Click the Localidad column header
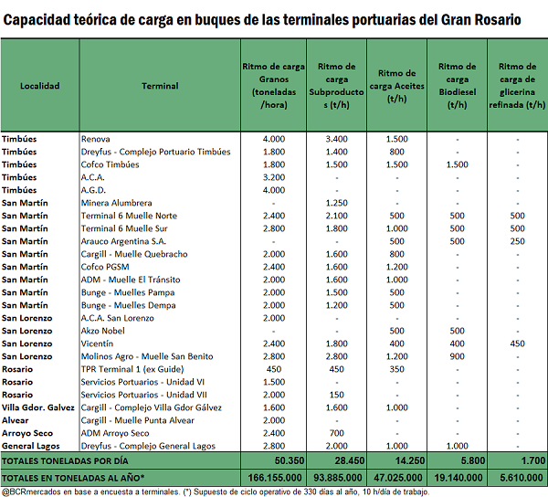[x=40, y=86]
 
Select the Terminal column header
[x=160, y=86]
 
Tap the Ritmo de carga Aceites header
[x=396, y=86]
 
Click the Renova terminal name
[x=95, y=139]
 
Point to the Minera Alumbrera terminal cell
[x=116, y=203]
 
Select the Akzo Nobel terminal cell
[x=102, y=331]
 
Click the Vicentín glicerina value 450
[x=517, y=344]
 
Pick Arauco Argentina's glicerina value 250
[x=517, y=241]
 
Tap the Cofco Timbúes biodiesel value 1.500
[x=458, y=164]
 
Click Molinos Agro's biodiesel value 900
[x=458, y=356]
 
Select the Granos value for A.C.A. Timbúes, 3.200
[x=274, y=177]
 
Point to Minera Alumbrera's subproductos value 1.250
[x=336, y=203]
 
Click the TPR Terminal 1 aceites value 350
[x=396, y=369]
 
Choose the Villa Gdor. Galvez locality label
[x=38, y=407]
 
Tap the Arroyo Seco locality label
[x=27, y=433]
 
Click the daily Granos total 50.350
[x=290, y=460]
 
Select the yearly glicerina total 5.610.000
[x=522, y=478]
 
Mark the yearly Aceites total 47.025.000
[x=398, y=478]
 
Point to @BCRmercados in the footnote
[x=30, y=492]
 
